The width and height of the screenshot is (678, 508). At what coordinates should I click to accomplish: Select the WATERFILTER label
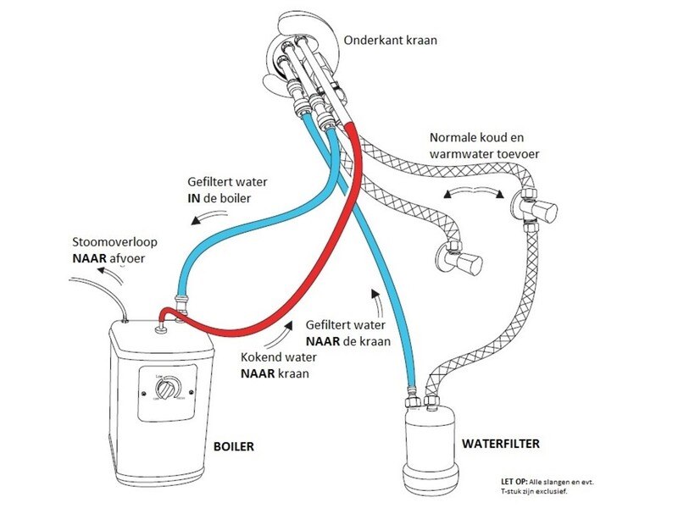point(500,444)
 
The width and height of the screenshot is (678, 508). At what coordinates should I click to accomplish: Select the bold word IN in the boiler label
point(197,197)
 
